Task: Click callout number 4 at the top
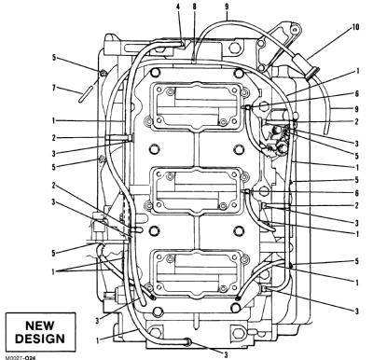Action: click(x=178, y=7)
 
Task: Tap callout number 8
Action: click(x=194, y=7)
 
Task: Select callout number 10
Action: click(x=355, y=27)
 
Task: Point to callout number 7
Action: click(x=54, y=89)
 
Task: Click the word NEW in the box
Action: click(x=40, y=325)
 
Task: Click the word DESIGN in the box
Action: click(x=40, y=339)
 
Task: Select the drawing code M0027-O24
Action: click(x=20, y=357)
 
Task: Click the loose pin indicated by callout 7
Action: click(x=84, y=93)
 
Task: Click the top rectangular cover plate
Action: click(x=197, y=106)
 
